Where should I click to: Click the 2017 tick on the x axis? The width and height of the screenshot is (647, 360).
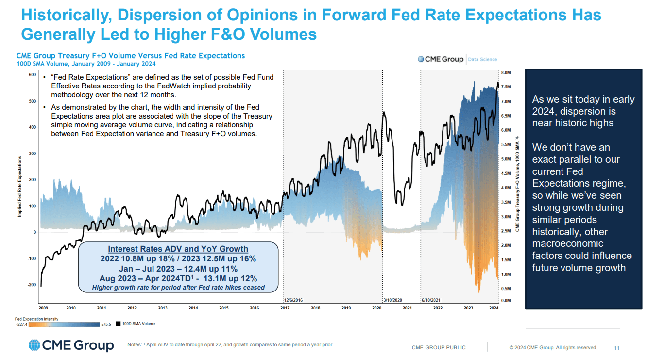285,308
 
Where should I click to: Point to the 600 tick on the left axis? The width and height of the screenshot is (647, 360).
33,75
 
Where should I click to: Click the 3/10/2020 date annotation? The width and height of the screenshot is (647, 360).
394,300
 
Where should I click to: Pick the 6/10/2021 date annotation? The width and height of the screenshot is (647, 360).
431,300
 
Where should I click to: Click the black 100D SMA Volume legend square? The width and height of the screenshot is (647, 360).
118,324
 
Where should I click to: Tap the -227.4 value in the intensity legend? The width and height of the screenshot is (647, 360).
21,324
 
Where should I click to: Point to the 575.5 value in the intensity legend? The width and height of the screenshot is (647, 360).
106,324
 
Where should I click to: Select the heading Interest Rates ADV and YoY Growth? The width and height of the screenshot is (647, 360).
178,249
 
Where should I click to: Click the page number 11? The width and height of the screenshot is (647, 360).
617,347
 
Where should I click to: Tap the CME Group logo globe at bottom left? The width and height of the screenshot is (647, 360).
34,345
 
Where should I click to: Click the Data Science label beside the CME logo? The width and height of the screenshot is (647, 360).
482,59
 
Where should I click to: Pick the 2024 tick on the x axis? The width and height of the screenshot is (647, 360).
494,308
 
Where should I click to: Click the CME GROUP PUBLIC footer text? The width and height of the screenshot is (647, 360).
438,347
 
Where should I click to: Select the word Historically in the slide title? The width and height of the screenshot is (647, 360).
65,15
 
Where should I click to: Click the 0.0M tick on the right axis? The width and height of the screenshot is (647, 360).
505,301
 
